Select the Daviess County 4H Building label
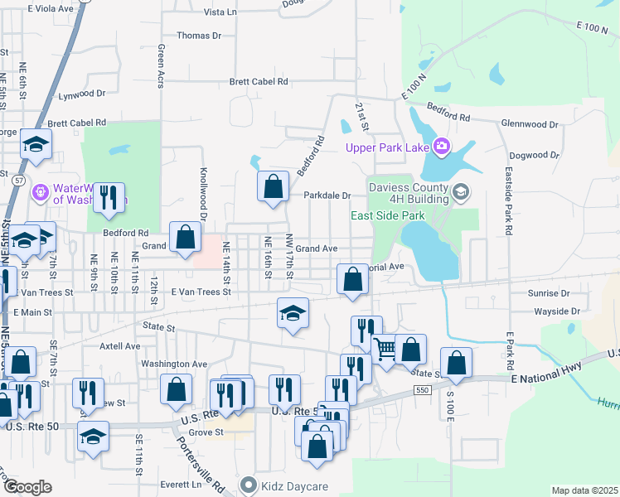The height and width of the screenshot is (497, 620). tap(398, 193)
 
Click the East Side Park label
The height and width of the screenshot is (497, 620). tap(387, 215)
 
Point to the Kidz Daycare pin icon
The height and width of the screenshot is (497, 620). tap(247, 483)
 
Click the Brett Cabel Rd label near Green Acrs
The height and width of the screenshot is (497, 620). tap(259, 82)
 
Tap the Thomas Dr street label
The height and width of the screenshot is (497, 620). tap(199, 36)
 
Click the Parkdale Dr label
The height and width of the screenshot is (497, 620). tap(327, 195)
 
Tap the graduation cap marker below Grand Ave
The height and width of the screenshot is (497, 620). tap(292, 314)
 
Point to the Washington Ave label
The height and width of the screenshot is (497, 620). tap(173, 364)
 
